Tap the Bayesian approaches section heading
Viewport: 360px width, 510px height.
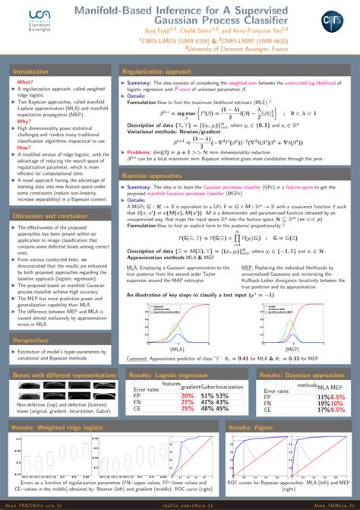point(153,176)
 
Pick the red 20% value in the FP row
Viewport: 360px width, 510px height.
point(187,395)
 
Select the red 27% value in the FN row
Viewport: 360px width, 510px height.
point(187,403)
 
